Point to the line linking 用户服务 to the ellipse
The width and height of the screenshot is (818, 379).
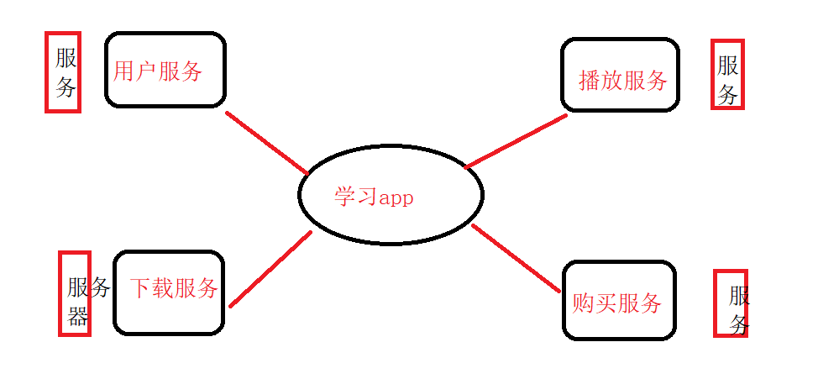coord(267,142)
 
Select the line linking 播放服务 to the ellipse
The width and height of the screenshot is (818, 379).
coord(515,141)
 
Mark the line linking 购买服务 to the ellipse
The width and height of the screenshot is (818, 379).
coord(516,258)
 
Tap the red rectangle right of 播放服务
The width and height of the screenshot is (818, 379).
coord(727,74)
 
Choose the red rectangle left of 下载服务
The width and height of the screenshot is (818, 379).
coord(74,293)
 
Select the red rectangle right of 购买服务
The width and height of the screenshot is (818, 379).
coord(730,303)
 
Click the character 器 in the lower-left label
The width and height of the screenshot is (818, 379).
coord(78,316)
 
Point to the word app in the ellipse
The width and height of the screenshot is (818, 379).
coord(396,198)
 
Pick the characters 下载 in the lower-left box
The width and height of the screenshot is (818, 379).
coord(152,289)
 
